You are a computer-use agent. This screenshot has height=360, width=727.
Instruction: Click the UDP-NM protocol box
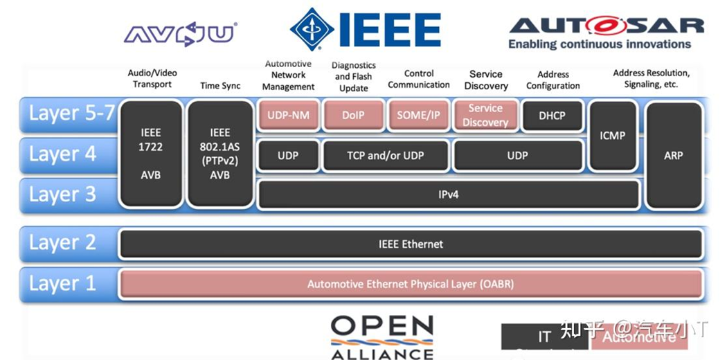[288, 116]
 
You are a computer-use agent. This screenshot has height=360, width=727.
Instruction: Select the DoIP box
[353, 116]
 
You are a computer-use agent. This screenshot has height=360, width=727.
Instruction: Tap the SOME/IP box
[418, 116]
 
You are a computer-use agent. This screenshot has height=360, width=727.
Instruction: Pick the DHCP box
[552, 116]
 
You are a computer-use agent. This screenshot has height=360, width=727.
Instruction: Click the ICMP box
[612, 136]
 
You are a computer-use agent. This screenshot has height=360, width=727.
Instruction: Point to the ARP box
[673, 155]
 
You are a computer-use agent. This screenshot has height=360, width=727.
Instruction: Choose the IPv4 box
[448, 195]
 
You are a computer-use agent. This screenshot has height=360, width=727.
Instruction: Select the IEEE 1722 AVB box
[151, 154]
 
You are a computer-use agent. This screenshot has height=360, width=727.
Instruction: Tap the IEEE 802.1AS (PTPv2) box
[219, 154]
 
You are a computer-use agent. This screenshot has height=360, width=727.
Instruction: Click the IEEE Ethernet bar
[411, 244]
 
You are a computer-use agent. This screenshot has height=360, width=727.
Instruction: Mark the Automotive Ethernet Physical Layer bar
[411, 284]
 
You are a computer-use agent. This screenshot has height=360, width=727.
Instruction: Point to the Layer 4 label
[62, 154]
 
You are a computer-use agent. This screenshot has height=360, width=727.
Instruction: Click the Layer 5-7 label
[71, 114]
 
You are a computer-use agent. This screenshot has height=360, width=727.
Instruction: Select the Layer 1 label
[62, 284]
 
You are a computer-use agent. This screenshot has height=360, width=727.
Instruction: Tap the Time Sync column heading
[220, 86]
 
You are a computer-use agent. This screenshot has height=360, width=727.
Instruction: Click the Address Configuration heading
[553, 80]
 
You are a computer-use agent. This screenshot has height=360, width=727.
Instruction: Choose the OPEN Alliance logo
[382, 337]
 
